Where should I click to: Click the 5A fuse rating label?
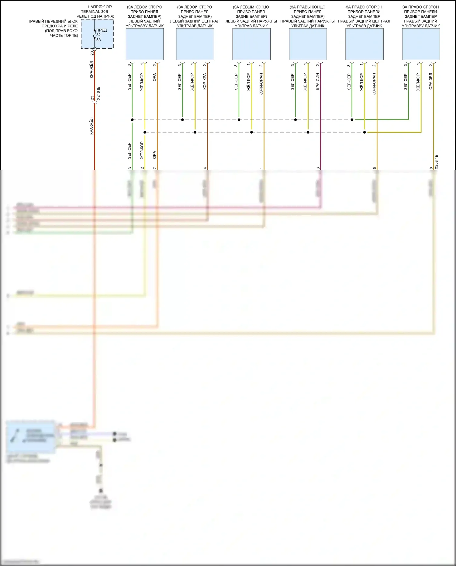(99, 40)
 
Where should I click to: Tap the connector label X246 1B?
(98, 94)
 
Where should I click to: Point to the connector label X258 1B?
(437, 162)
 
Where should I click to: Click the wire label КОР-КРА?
(205, 81)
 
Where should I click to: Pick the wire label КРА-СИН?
(318, 81)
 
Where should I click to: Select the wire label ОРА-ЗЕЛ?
(430, 81)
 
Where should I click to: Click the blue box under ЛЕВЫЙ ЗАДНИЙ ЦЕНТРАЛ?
(195, 44)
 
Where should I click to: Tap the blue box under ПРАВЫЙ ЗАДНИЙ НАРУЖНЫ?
(308, 44)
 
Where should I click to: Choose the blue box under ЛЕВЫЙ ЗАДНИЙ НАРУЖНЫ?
(251, 44)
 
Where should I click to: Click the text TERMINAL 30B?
(94, 12)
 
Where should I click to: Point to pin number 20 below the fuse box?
(92, 53)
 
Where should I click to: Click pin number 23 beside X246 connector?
(92, 98)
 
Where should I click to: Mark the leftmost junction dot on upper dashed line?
(132, 120)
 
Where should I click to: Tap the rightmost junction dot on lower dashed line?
(364, 132)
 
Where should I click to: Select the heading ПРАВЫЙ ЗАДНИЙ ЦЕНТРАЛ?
(364, 21)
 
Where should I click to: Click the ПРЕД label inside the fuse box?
(102, 30)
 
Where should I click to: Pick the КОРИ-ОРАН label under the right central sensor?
(374, 84)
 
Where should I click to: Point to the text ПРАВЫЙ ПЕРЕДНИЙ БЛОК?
(53, 21)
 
